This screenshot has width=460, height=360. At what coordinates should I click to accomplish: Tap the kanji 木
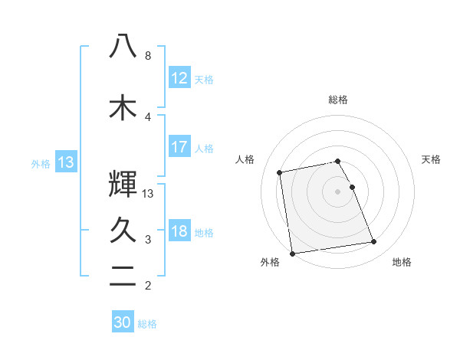pyautogui.click(x=123, y=107)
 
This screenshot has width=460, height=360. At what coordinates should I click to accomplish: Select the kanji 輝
pyautogui.click(x=123, y=185)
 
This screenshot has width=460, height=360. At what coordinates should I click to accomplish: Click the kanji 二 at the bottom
pyautogui.click(x=123, y=279)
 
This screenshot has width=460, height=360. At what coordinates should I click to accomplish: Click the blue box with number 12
pyautogui.click(x=179, y=77)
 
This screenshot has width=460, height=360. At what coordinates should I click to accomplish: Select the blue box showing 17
pyautogui.click(x=179, y=147)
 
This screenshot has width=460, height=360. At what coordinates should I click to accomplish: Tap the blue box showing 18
pyautogui.click(x=179, y=231)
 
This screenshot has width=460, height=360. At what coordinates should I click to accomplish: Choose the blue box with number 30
pyautogui.click(x=123, y=322)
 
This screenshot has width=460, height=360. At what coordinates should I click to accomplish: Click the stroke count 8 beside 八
pyautogui.click(x=148, y=56)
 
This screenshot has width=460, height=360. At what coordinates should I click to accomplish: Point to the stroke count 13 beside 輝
pyautogui.click(x=149, y=194)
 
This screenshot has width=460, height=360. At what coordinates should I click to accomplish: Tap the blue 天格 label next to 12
pyautogui.click(x=204, y=79)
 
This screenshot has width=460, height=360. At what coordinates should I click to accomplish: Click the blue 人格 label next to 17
pyautogui.click(x=204, y=149)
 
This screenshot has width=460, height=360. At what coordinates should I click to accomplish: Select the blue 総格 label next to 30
pyautogui.click(x=147, y=324)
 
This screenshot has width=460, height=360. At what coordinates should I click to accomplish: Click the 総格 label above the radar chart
pyautogui.click(x=338, y=100)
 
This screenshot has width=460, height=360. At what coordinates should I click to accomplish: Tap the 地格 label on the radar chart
pyautogui.click(x=402, y=263)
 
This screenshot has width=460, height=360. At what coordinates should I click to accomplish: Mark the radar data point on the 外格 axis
pyautogui.click(x=291, y=253)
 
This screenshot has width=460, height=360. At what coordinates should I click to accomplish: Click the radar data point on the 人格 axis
pyautogui.click(x=281, y=172)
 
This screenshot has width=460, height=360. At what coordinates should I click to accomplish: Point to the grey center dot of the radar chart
pyautogui.click(x=338, y=191)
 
